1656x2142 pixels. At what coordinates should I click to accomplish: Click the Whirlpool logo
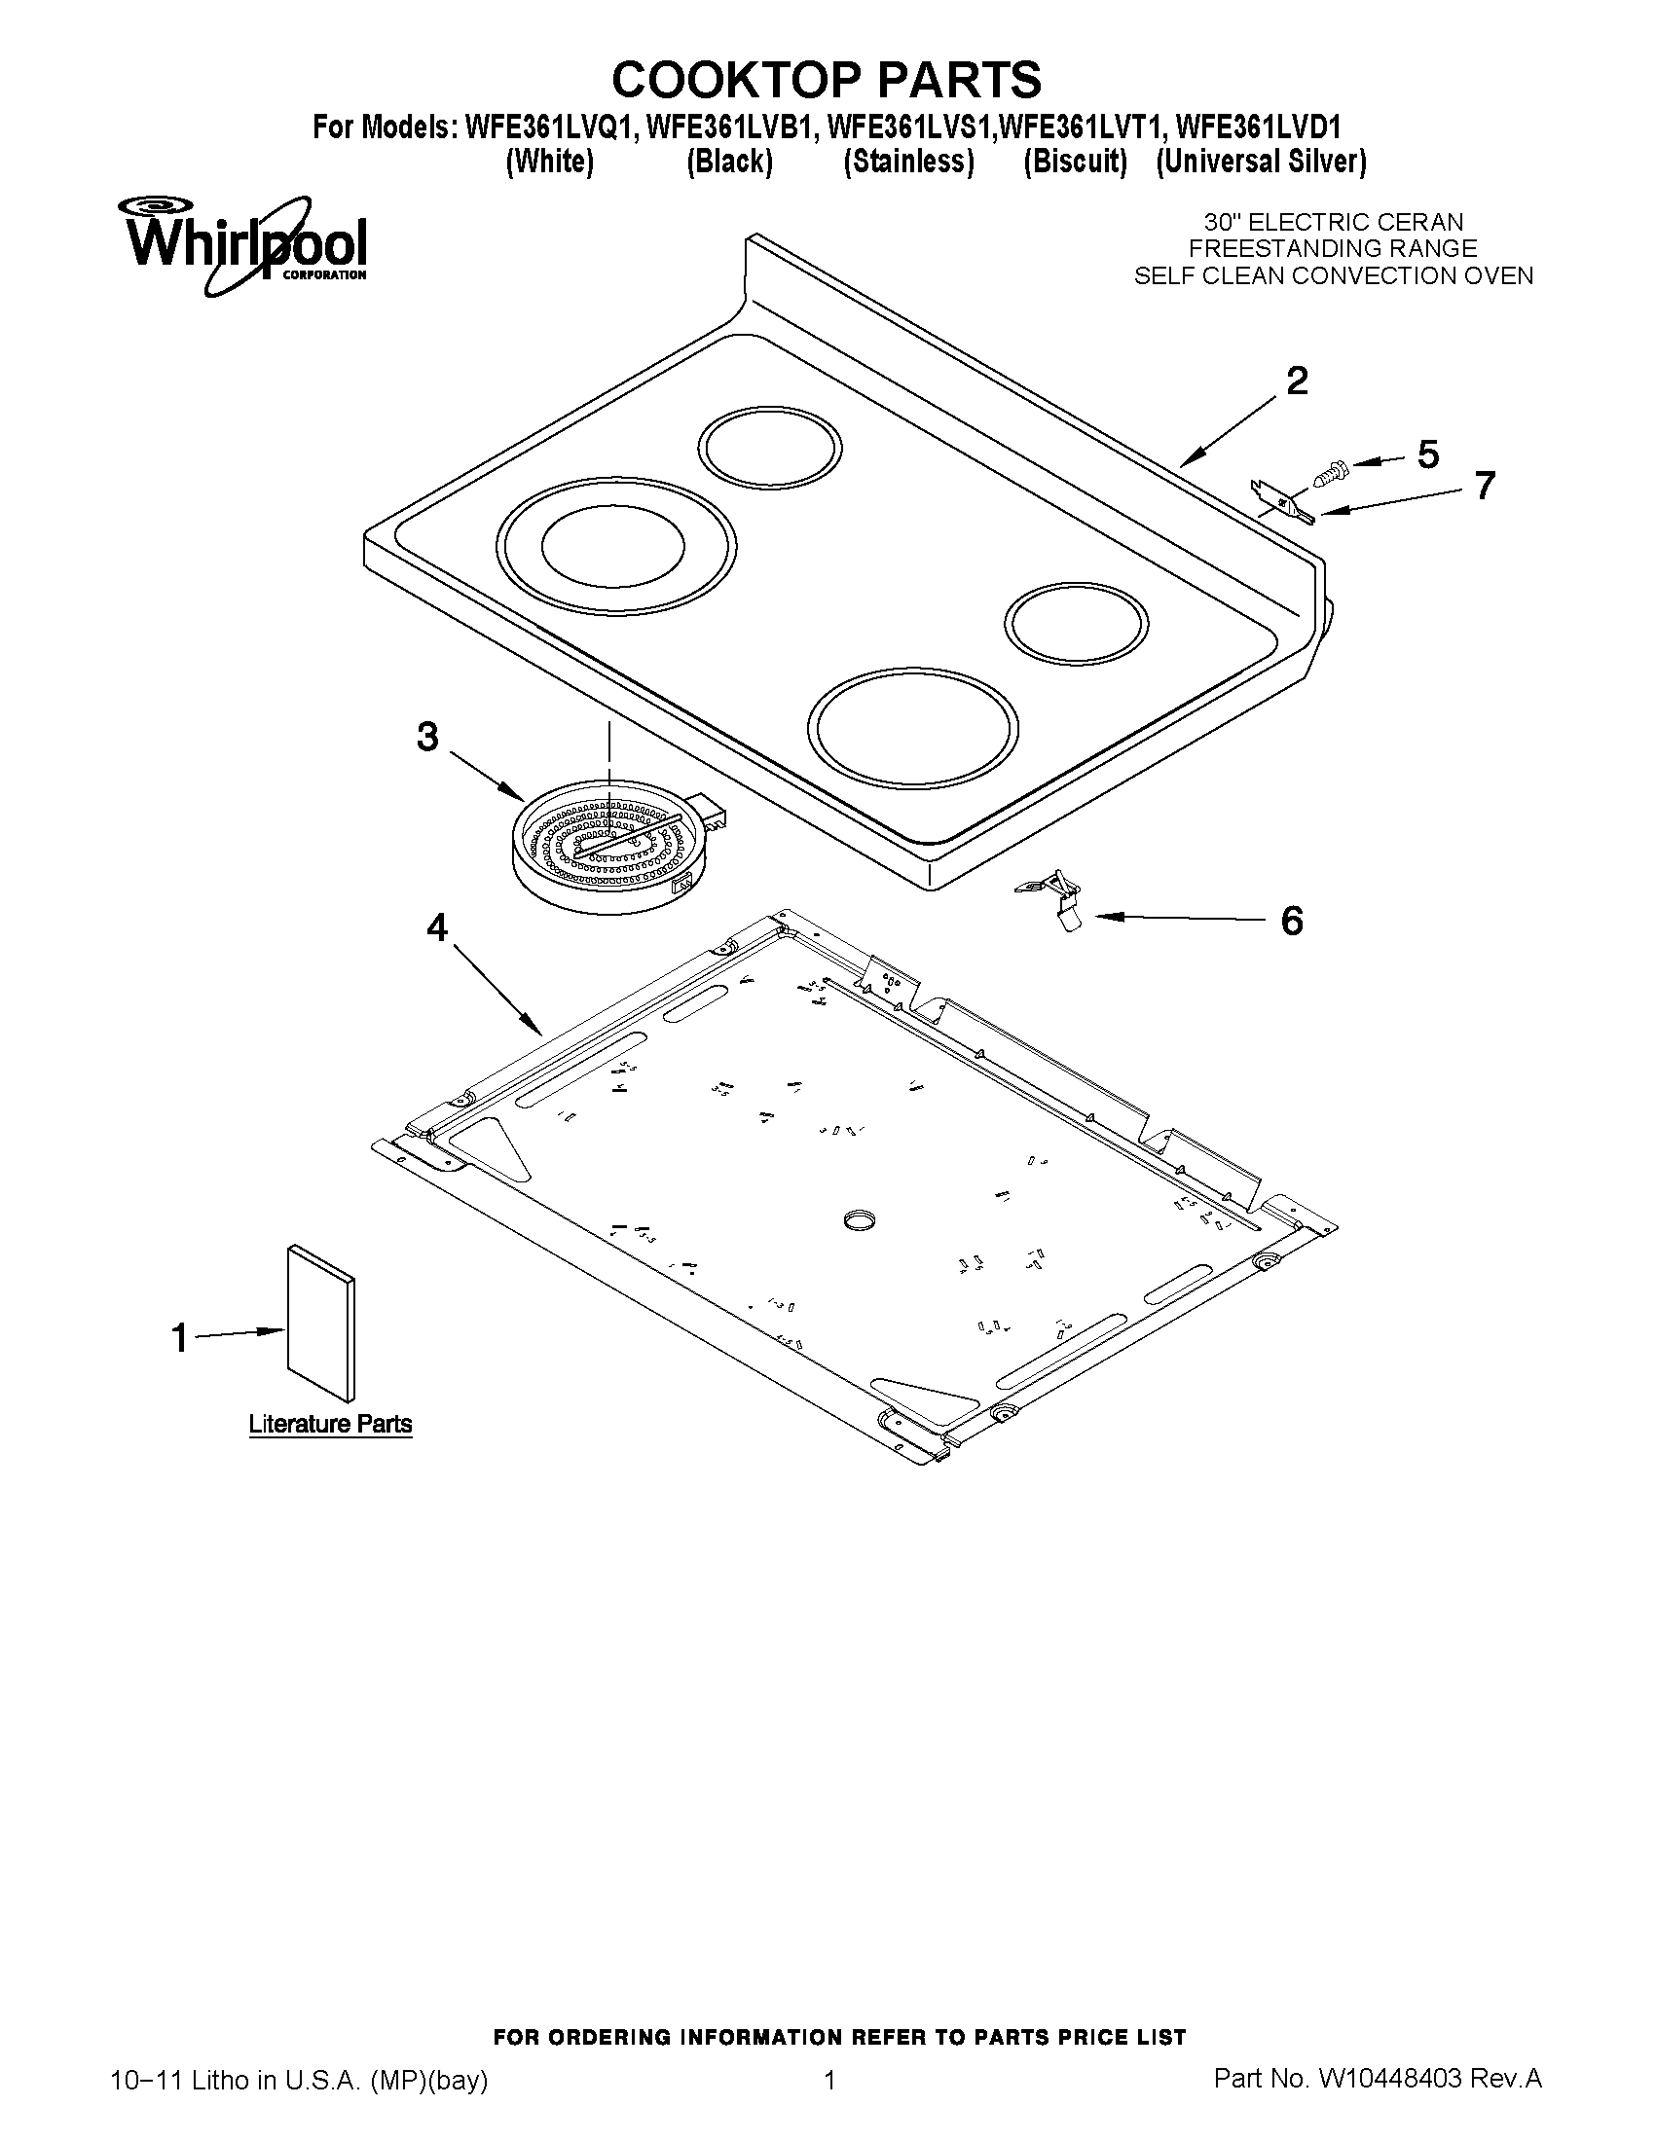[242, 244]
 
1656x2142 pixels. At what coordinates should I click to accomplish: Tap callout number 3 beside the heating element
[426, 737]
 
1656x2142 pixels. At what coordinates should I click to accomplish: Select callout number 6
[1292, 921]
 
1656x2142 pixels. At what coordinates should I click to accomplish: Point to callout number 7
[1485, 486]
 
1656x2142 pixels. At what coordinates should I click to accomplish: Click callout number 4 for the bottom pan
[435, 926]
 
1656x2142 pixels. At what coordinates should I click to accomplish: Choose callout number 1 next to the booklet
[179, 1337]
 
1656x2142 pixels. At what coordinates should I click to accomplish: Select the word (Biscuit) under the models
[1074, 162]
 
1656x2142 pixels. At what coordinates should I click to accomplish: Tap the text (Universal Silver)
[1261, 162]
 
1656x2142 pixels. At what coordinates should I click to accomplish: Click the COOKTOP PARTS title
[826, 79]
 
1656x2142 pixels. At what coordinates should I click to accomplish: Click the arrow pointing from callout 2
[1233, 430]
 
